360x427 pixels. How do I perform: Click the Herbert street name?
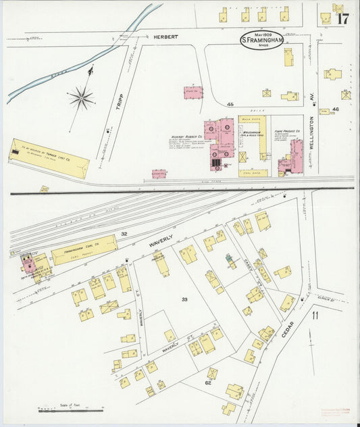pos(165,36)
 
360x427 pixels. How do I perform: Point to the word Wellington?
pos(312,128)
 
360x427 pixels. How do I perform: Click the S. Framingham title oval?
pos(262,40)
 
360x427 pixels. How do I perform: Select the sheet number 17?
pos(342,18)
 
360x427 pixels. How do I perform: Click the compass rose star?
pos(81,99)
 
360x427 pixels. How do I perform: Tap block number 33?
pos(184,298)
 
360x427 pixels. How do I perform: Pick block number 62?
pos(208,382)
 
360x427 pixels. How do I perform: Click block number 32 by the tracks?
pos(124,234)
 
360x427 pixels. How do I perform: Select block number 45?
pos(230,105)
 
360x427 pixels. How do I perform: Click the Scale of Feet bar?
pos(71,409)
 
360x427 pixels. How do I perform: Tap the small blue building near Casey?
pos(229,259)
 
